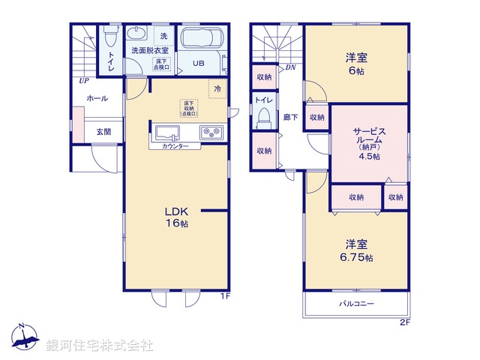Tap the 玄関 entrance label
(103, 132)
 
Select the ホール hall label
(96, 98)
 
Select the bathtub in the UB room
(199, 40)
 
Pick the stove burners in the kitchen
(211, 133)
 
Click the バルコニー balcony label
(355, 304)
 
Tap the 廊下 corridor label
(290, 117)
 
